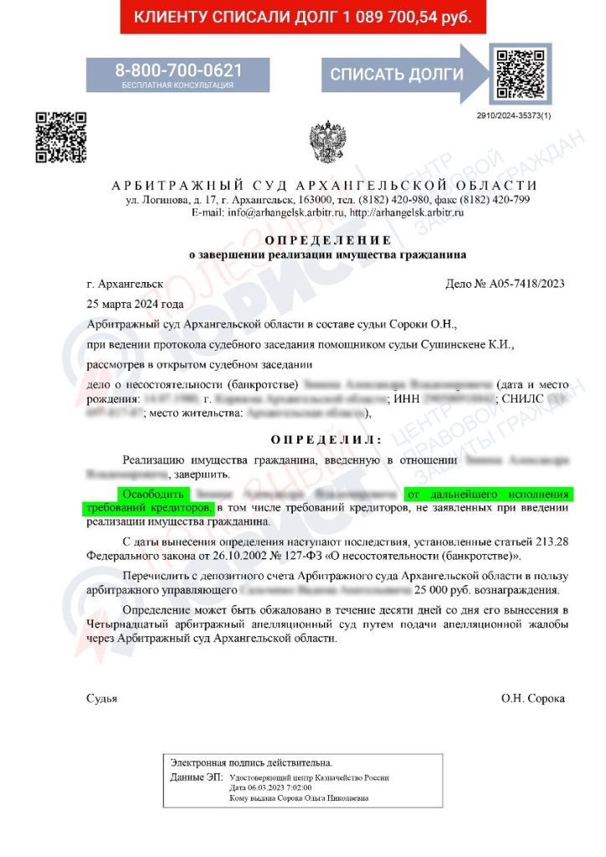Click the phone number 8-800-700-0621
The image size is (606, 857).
click(x=178, y=69)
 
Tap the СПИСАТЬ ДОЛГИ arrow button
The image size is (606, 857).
click(x=396, y=74)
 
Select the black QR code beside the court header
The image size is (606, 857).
click(x=60, y=136)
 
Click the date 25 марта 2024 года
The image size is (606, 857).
click(x=134, y=304)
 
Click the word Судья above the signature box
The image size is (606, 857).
click(x=101, y=698)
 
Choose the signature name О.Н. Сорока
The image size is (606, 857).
click(x=533, y=698)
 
